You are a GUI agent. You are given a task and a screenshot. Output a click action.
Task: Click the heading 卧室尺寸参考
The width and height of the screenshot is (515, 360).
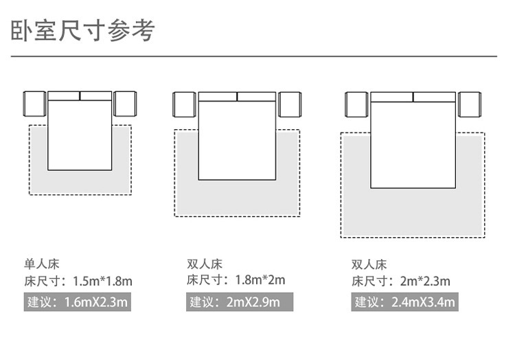pos(83,30)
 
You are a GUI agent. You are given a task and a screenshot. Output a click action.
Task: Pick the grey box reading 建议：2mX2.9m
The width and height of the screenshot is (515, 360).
pos(240,302)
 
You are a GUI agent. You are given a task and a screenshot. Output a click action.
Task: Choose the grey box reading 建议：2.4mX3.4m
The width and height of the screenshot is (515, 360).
pos(405,302)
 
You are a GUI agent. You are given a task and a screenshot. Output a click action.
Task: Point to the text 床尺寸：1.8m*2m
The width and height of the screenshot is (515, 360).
pos(236,280)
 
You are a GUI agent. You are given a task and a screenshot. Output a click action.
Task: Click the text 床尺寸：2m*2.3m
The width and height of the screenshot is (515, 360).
pos(401,280)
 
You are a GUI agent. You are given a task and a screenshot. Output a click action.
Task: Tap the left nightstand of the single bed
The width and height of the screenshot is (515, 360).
pos(34,104)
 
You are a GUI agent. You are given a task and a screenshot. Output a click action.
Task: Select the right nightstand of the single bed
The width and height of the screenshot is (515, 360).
pos(125,104)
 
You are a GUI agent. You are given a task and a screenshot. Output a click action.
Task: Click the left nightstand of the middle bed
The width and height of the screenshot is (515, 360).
pos(185,105)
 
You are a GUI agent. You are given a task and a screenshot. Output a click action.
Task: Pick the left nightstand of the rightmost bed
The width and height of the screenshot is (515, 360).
pos(355,105)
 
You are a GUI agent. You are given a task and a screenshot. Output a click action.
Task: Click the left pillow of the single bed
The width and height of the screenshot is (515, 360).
pos(64,95)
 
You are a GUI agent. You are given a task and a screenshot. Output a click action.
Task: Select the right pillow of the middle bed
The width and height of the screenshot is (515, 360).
pos(256,97)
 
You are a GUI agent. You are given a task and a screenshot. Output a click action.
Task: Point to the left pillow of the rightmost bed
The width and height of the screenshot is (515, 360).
pos(392,97)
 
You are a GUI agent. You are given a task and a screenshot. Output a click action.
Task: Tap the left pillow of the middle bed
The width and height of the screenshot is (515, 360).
pos(218,97)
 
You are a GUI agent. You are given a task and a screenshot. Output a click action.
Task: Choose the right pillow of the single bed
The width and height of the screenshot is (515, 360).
pos(96,95)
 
